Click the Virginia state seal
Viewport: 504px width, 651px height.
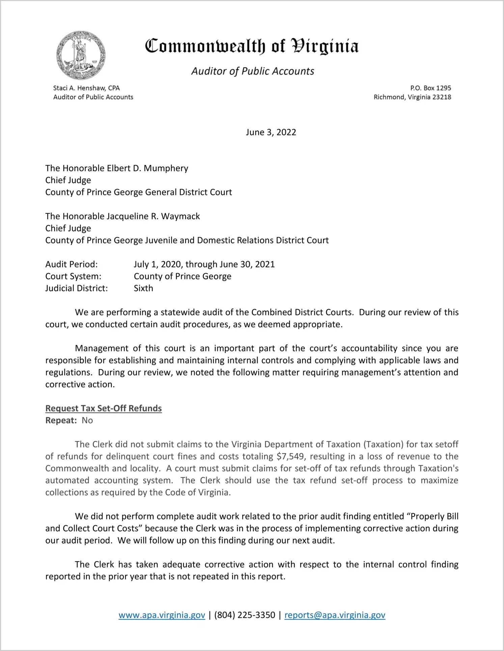[x=81, y=55]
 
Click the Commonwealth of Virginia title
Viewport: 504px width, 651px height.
[x=252, y=46]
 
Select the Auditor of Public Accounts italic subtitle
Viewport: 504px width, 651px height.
[x=253, y=71]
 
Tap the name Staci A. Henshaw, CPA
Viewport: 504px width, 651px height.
[x=86, y=88]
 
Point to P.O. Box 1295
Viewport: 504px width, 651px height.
[x=430, y=88]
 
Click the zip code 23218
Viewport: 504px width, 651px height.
[x=442, y=97]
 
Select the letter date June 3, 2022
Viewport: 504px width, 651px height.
[x=271, y=132]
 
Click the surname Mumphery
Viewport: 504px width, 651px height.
[x=166, y=168]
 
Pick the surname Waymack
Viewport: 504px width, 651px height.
[x=180, y=216]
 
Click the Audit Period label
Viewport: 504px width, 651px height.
[x=72, y=264]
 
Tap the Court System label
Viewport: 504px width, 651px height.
[x=73, y=276]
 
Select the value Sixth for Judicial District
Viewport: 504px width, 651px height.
[x=143, y=288]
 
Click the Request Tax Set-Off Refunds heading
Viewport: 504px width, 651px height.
[x=104, y=408]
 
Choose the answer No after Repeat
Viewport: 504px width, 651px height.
[x=87, y=420]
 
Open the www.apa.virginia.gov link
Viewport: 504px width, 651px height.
[x=162, y=615]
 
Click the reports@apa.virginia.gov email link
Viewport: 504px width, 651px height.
[x=335, y=615]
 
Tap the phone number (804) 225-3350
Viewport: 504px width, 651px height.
[x=245, y=615]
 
